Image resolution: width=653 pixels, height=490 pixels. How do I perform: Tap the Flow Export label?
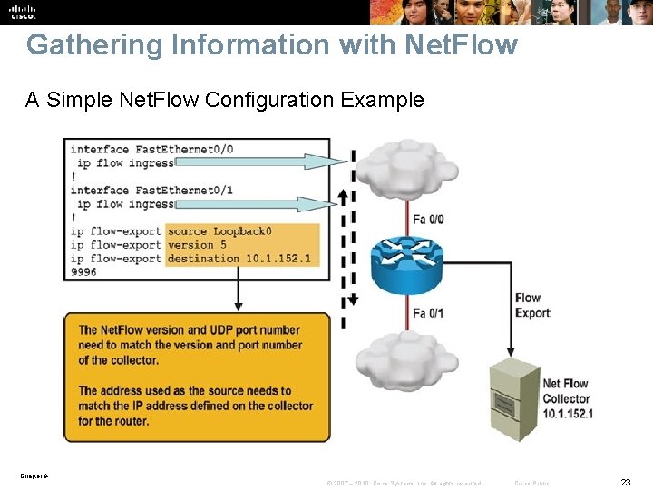pyautogui.click(x=532, y=305)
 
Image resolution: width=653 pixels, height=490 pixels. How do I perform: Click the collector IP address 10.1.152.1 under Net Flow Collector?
pyautogui.click(x=567, y=414)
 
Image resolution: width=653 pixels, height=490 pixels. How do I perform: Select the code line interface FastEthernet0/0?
pyautogui.click(x=151, y=149)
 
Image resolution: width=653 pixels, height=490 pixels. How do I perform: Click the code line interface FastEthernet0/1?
pyautogui.click(x=151, y=190)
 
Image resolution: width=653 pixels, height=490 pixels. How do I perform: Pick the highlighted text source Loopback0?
pyautogui.click(x=219, y=231)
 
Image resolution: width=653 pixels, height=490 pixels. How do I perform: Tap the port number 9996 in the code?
pyautogui.click(x=83, y=272)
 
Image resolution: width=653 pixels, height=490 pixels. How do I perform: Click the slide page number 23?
pyautogui.click(x=625, y=482)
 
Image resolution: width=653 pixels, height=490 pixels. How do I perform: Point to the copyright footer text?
pyautogui.click(x=404, y=483)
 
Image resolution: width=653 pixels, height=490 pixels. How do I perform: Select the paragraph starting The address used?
pyautogui.click(x=196, y=406)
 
